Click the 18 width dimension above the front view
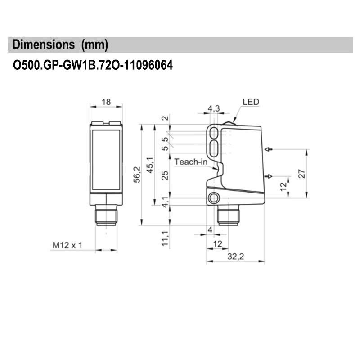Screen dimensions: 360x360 (x=106, y=102)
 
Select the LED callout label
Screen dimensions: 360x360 (x=251, y=102)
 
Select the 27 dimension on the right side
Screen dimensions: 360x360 (x=302, y=173)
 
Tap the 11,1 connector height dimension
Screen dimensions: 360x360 (x=166, y=238)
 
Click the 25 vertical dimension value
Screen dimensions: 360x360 (x=166, y=175)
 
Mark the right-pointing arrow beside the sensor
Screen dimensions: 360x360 (x=269, y=176)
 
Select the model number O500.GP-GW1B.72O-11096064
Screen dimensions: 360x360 (x=93, y=66)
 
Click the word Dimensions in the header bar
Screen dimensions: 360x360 (x=44, y=45)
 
